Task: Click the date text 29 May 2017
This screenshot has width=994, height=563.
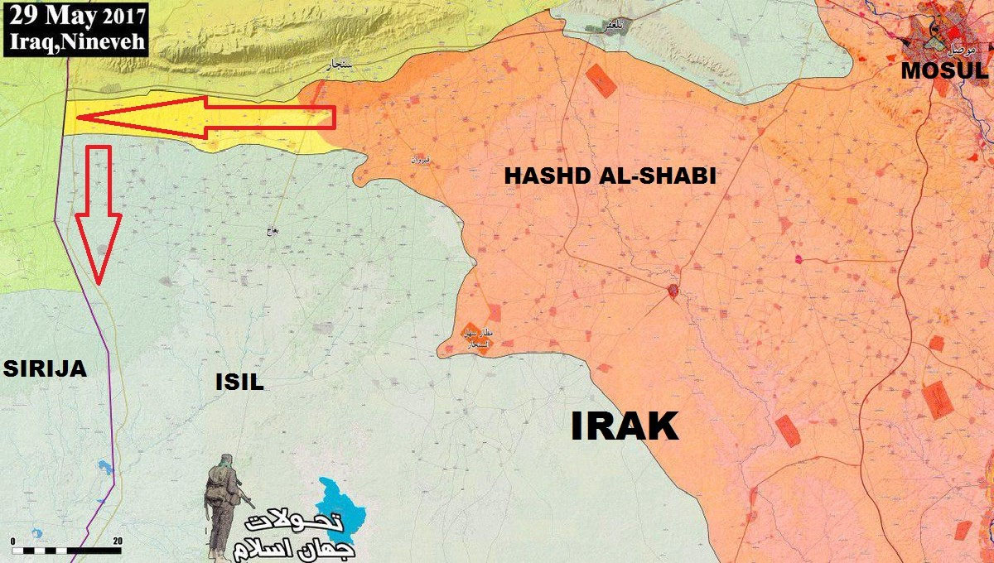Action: pos(75,15)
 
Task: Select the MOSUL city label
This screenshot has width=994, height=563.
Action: pos(944,71)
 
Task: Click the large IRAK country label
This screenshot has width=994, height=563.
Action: pos(625,426)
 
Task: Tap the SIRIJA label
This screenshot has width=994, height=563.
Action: pos(45,370)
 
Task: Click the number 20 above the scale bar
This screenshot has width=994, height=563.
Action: pos(118,541)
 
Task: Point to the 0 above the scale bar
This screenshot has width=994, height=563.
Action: pos(14,541)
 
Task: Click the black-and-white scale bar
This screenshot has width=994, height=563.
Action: pos(66,550)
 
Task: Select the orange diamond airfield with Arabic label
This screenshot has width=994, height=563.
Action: pos(475,338)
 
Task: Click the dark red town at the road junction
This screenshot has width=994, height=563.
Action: pos(674,290)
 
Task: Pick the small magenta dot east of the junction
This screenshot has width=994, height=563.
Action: pos(799,259)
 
